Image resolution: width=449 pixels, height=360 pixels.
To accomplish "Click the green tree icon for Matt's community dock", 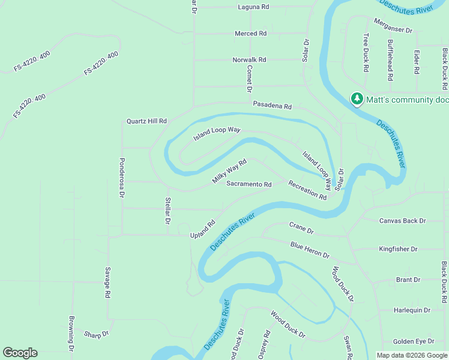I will coord(357,99).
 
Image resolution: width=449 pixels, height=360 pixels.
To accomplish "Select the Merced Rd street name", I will coord(250,34).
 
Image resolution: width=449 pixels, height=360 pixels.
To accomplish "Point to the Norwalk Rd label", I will coord(249,60).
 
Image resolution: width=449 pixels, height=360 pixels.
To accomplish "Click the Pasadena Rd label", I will coord(272,106).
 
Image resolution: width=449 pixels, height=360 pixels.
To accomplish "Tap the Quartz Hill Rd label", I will coord(146,121).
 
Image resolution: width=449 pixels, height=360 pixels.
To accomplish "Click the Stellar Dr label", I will coord(168,211).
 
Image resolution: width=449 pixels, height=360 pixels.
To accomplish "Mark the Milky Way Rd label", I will coord(229,172).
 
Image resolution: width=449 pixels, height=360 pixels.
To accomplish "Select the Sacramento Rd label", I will coord(249,184).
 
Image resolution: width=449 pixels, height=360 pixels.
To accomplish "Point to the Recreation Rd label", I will coord(307,190).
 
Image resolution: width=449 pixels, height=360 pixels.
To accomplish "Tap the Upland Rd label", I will coord(203,229).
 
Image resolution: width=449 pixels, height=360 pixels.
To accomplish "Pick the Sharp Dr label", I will coord(96,334).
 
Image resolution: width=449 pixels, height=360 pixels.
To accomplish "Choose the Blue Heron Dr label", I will coord(310,250).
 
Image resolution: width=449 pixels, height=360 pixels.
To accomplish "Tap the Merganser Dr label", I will coord(393,29).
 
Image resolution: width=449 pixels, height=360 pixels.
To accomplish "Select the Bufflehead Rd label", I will coord(390,61).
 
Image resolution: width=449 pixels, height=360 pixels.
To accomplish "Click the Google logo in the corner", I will coord(20,353).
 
